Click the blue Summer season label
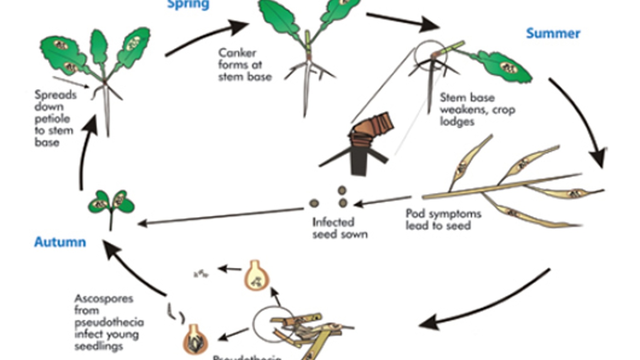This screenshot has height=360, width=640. coord(553,33)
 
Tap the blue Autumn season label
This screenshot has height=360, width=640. coord(60,242)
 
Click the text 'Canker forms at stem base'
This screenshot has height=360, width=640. coord(245,65)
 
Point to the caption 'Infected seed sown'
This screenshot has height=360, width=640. coord(340,228)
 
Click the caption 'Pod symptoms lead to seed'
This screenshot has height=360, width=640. coord(443,219)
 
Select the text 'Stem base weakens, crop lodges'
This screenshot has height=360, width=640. coord(477,110)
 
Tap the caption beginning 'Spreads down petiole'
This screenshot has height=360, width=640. coord(55,118)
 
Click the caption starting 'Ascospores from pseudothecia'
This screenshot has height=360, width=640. coord(109,322)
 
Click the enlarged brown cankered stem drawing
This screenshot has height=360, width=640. coord(366,141)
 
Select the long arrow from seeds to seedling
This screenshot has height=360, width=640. coord(220,216)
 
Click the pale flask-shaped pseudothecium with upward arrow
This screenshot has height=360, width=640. coord(256,275)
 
